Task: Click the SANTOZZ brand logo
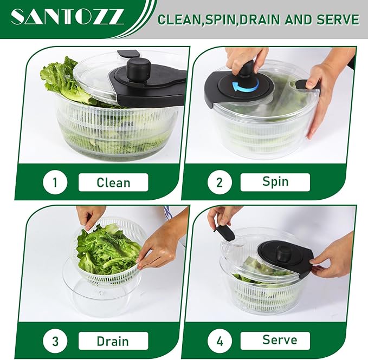coord(67,17)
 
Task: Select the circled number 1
coord(55,182)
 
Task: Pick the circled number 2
coord(219,182)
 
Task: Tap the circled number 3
coord(55,341)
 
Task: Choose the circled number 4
coord(219,341)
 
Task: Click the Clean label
coord(113,182)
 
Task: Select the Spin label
coord(275,182)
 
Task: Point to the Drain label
coord(113,341)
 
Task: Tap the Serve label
coord(275,341)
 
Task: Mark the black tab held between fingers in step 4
coord(224,233)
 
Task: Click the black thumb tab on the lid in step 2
coord(307,84)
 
